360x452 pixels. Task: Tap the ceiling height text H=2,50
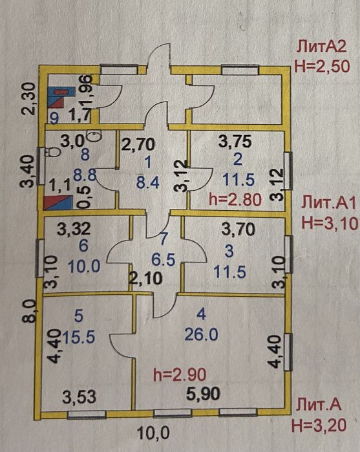(322, 66)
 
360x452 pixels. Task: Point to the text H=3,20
(319, 425)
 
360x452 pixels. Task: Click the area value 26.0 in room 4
(201, 335)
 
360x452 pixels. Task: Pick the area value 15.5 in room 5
(78, 336)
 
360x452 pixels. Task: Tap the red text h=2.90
(180, 375)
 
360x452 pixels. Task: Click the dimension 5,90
(203, 394)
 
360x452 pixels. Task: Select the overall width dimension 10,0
(153, 433)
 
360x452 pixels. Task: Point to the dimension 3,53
(79, 397)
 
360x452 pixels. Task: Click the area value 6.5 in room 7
(164, 260)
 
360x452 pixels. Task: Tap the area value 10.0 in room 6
(84, 266)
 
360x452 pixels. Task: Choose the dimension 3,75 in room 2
(235, 142)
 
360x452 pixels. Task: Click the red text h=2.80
(235, 199)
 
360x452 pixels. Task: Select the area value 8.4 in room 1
(148, 182)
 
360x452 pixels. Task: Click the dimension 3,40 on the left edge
(29, 171)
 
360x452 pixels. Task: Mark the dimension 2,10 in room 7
(146, 279)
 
